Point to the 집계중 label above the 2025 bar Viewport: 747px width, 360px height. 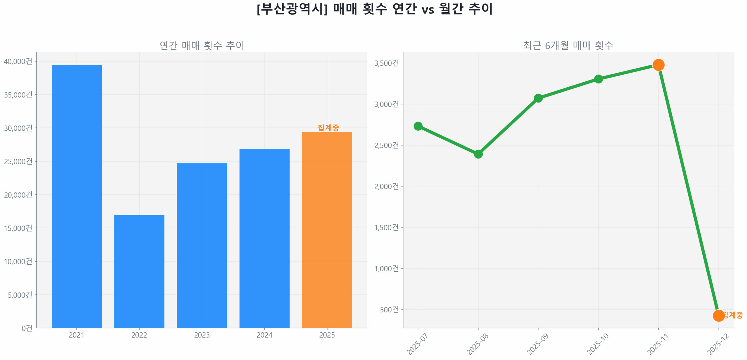click(328, 127)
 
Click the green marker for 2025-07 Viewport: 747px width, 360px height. click(418, 126)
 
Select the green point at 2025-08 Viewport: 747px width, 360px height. click(478, 154)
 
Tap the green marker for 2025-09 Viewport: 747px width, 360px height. click(538, 98)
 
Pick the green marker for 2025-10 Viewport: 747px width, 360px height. click(598, 79)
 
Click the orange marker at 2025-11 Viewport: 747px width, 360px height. click(658, 64)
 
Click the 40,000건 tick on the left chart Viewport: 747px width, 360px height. click(18, 61)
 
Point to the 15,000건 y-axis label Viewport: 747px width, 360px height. click(18, 228)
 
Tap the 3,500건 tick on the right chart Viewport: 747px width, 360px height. click(386, 63)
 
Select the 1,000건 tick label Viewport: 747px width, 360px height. click(386, 268)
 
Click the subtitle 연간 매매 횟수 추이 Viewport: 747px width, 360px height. click(202, 45)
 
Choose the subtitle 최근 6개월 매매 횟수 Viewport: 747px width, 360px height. click(568, 45)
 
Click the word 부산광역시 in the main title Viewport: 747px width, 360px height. click(292, 9)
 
